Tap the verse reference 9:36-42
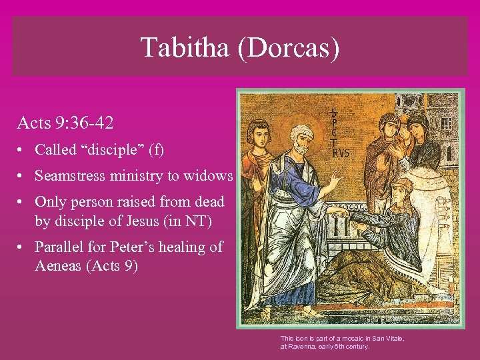(80, 123)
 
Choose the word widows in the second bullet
(211, 176)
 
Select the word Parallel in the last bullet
(61, 247)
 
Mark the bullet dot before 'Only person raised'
(22, 202)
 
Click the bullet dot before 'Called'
(22, 151)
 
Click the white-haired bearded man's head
(301, 140)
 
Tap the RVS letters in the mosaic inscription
(340, 153)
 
